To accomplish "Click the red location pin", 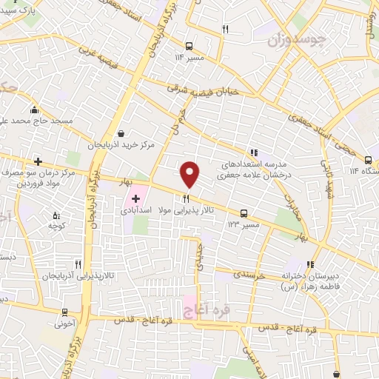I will (x=190, y=173).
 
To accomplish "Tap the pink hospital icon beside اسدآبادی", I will (x=135, y=198).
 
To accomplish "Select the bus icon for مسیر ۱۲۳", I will (x=244, y=213).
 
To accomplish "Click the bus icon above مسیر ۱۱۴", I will (x=190, y=44).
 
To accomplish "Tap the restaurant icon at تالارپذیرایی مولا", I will (x=187, y=198).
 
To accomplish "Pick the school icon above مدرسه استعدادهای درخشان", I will (x=254, y=151).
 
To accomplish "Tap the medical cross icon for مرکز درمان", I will (x=36, y=161).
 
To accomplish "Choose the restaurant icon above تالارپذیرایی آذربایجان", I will (x=77, y=264).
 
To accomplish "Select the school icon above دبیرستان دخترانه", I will (x=312, y=264).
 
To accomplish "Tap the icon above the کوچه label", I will (x=53, y=215).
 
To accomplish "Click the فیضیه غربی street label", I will (x=98, y=54).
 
